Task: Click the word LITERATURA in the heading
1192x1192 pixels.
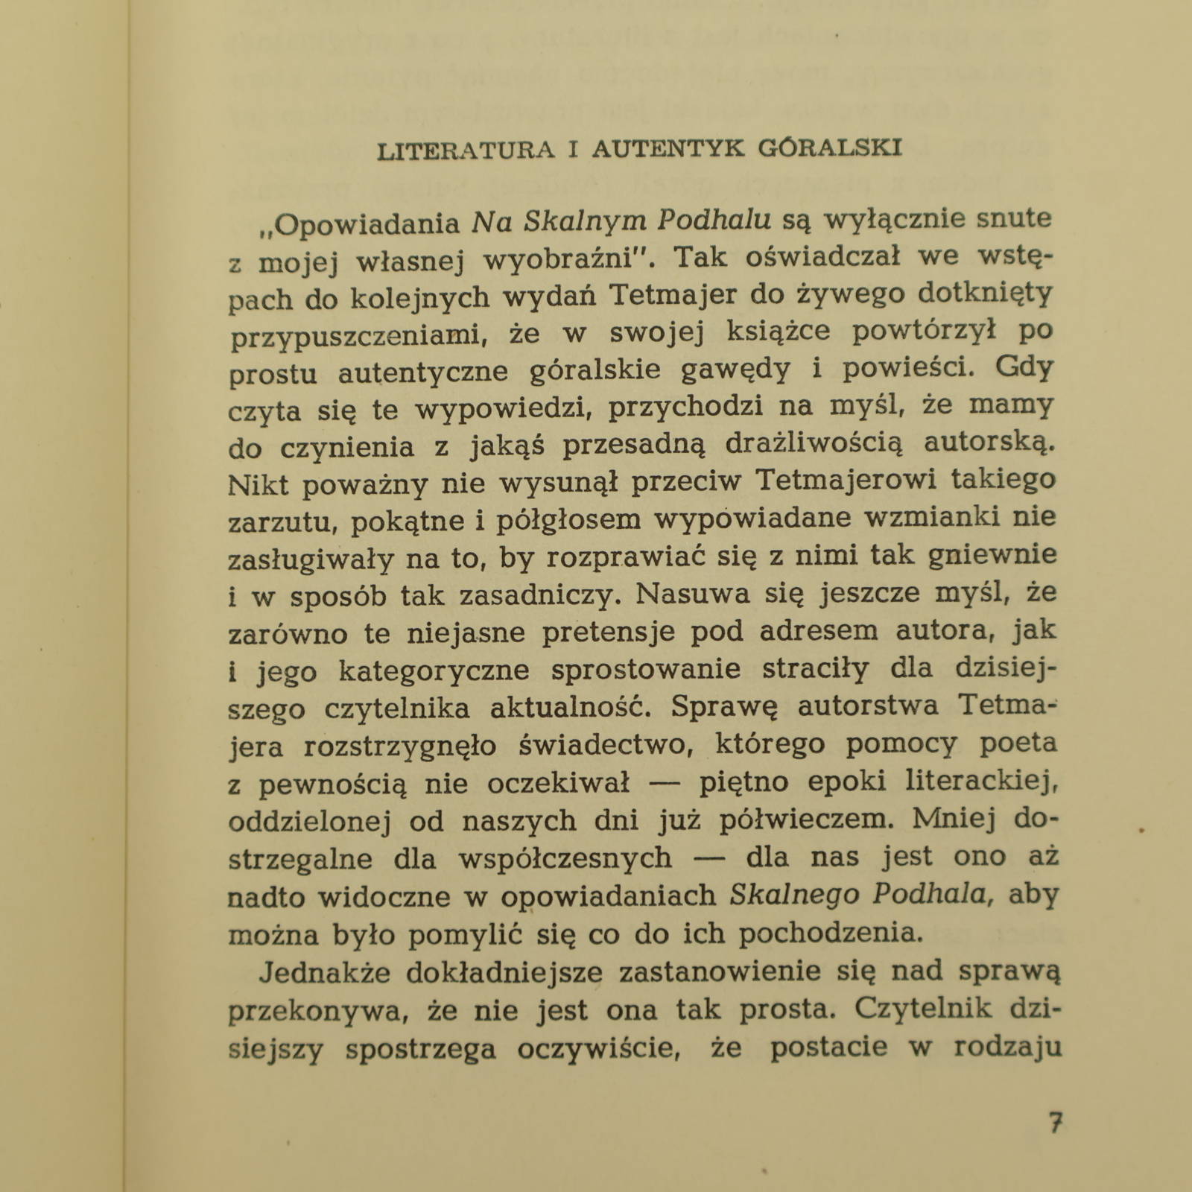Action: pyautogui.click(x=466, y=149)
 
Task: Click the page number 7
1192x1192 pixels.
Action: pyautogui.click(x=1055, y=1123)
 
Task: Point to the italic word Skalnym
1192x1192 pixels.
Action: pyautogui.click(x=583, y=222)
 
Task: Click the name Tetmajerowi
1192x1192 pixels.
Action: pyautogui.click(x=846, y=481)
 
